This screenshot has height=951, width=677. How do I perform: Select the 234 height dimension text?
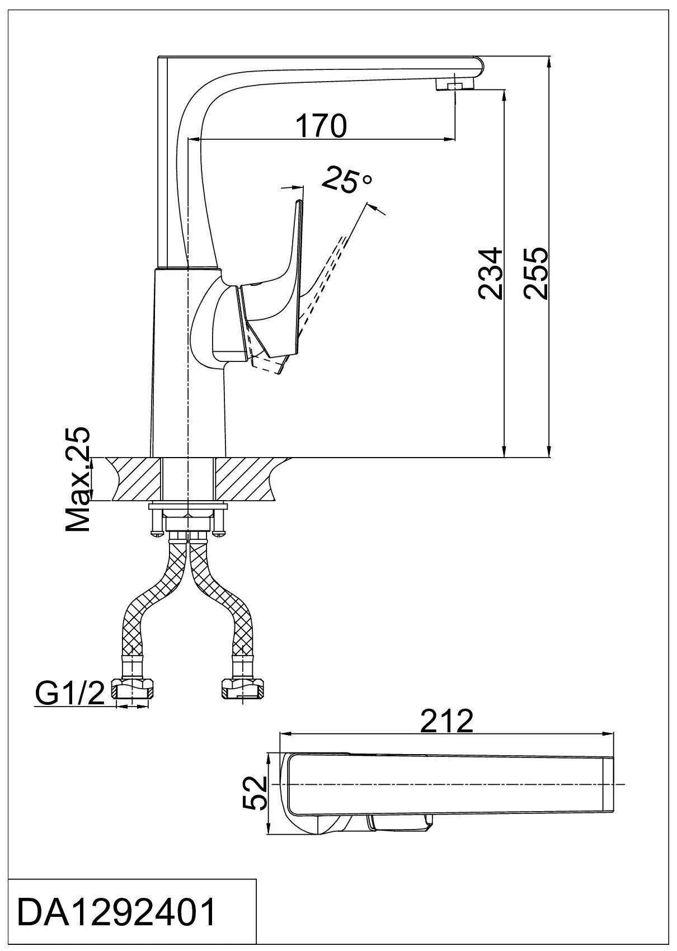tap(491, 274)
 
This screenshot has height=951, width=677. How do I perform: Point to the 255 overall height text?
tap(537, 274)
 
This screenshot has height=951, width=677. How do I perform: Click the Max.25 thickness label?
tap(78, 479)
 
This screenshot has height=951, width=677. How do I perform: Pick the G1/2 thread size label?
tap(70, 694)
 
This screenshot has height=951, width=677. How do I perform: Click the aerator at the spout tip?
tap(455, 84)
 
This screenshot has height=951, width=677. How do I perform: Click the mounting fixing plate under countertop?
tap(189, 507)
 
